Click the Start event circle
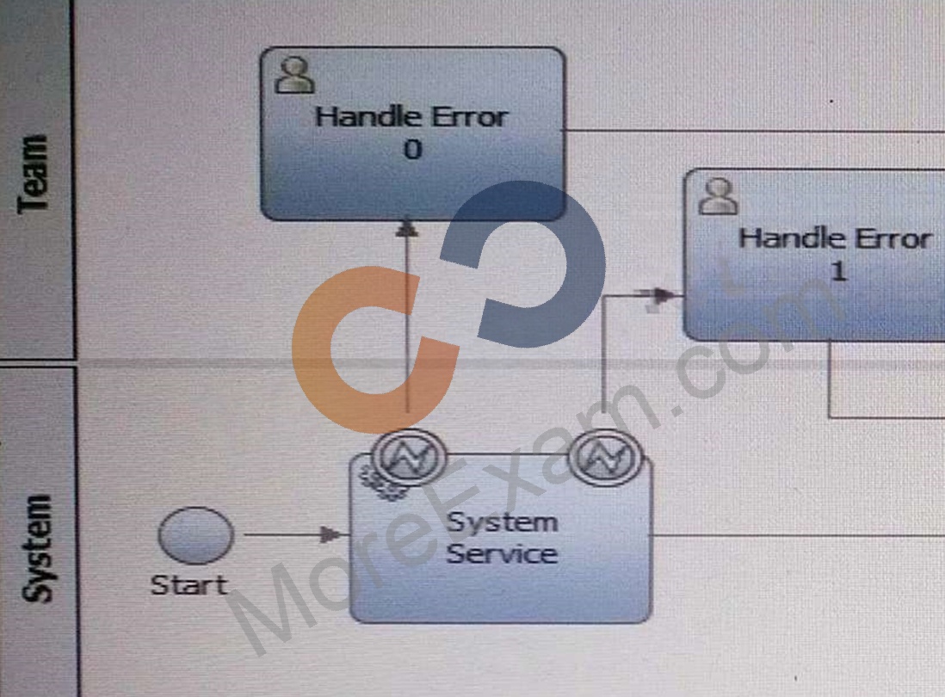[196, 535]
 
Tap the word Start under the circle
[189, 585]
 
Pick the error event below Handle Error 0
[410, 457]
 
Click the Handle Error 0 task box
[413, 133]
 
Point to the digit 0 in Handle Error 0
[413, 150]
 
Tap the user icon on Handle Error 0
[294, 76]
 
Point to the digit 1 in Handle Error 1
[838, 270]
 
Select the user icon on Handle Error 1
[718, 196]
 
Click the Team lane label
[34, 174]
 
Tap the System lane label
[35, 548]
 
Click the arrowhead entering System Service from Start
[330, 534]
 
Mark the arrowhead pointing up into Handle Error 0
[407, 228]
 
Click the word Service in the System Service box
[502, 554]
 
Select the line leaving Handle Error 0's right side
[753, 130]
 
